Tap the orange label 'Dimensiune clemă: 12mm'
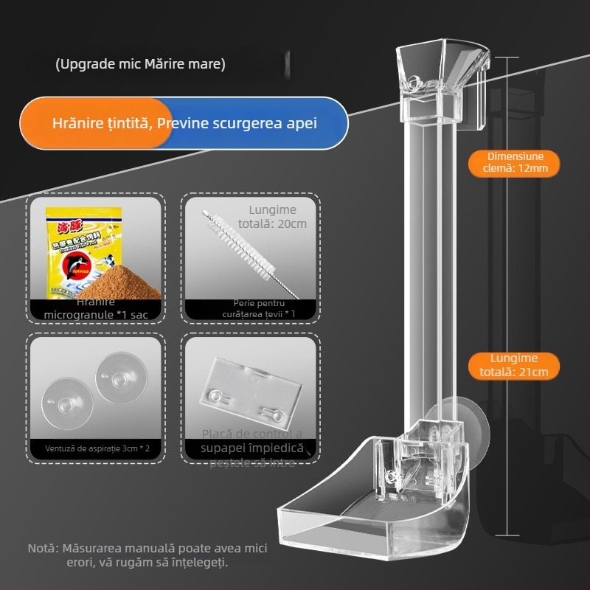tap(513, 162)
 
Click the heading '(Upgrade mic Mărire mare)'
tap(140, 64)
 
